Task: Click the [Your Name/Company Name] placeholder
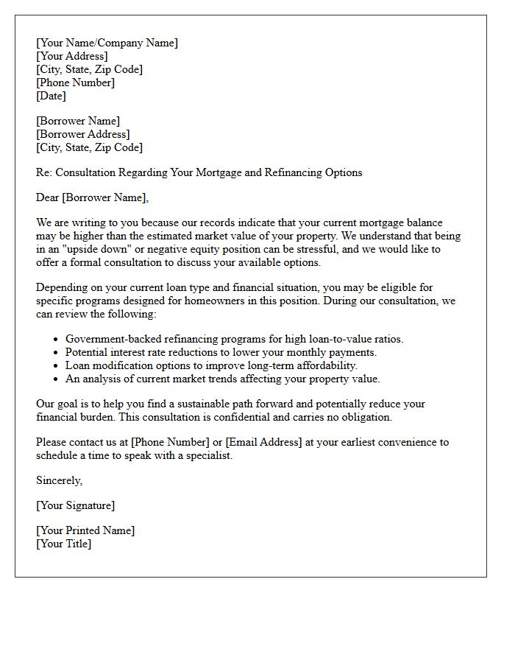pyautogui.click(x=107, y=43)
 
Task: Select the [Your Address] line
pyautogui.click(x=71, y=56)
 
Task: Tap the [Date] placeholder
pyautogui.click(x=51, y=96)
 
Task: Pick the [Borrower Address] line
pyautogui.click(x=82, y=134)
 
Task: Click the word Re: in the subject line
pyautogui.click(x=45, y=172)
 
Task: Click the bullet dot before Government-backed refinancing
pyautogui.click(x=57, y=340)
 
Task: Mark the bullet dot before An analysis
pyautogui.click(x=57, y=379)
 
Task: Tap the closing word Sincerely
pyautogui.click(x=59, y=480)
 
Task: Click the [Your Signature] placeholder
pyautogui.click(x=75, y=505)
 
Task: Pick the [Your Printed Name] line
pyautogui.click(x=85, y=530)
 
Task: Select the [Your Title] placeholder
pyautogui.click(x=63, y=544)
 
